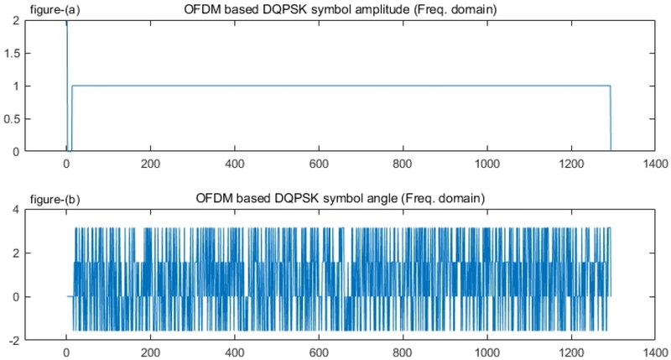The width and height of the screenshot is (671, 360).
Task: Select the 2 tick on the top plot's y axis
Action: point(16,20)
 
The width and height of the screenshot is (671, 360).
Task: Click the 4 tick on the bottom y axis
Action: point(16,209)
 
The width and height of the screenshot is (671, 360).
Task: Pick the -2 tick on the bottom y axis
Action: point(14,340)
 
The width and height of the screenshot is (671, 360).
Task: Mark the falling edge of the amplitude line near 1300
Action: point(611,117)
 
